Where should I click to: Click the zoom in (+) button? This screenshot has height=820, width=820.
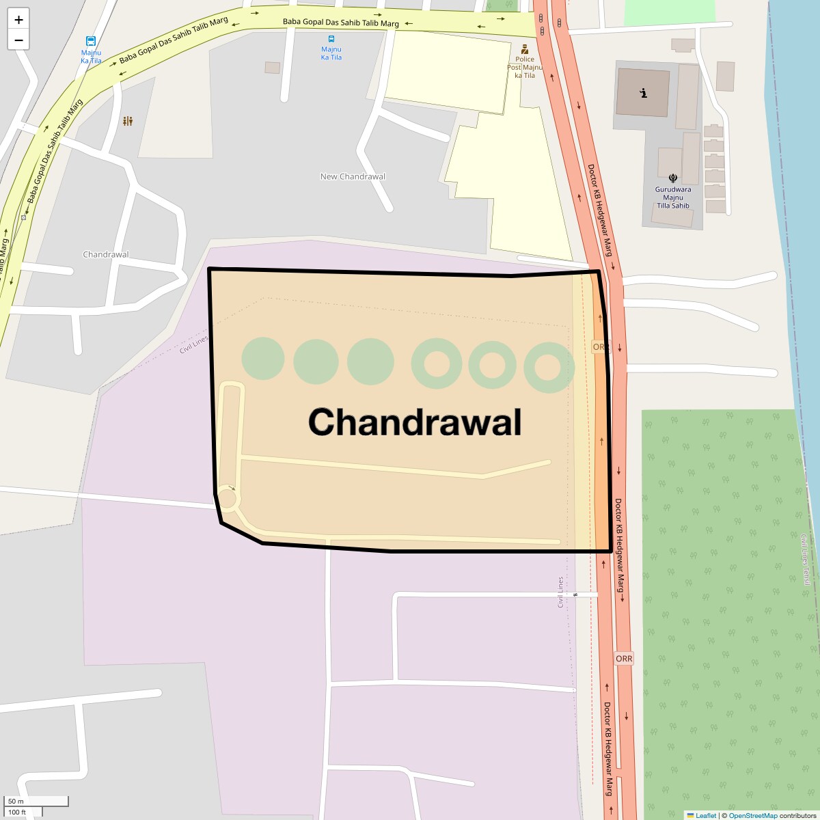tap(18, 20)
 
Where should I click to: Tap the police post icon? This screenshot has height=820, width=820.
tap(525, 49)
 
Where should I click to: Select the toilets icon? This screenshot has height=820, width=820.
tap(128, 121)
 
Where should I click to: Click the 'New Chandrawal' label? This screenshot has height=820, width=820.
tap(353, 176)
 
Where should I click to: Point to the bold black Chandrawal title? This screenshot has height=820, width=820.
tap(415, 422)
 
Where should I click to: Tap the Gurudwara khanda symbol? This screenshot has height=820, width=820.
tap(673, 178)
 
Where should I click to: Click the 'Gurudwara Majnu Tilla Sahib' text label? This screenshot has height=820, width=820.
tap(673, 197)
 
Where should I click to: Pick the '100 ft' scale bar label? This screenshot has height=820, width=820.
tap(18, 812)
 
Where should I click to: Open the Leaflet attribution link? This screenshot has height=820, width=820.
tap(706, 815)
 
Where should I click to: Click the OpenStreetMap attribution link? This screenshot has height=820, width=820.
tap(752, 815)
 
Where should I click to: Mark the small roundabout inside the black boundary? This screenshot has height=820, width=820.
tap(227, 500)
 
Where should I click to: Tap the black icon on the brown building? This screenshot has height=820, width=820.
tap(643, 93)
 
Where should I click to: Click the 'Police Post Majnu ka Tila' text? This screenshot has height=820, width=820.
tap(525, 67)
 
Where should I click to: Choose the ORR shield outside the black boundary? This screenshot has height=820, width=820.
tap(624, 659)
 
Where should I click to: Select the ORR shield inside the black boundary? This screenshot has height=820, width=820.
tap(600, 347)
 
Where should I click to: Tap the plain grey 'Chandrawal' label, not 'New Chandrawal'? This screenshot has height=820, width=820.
tap(105, 255)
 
